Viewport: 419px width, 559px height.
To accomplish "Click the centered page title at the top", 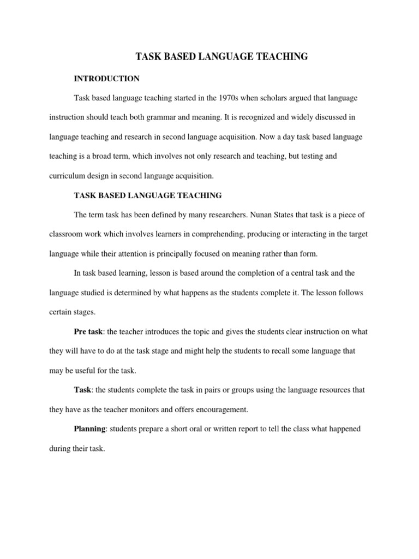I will (222, 56).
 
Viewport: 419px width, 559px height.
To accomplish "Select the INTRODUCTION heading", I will (107, 79).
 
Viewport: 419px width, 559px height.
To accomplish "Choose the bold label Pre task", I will (88, 332).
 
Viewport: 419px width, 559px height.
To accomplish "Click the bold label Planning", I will (90, 429).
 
